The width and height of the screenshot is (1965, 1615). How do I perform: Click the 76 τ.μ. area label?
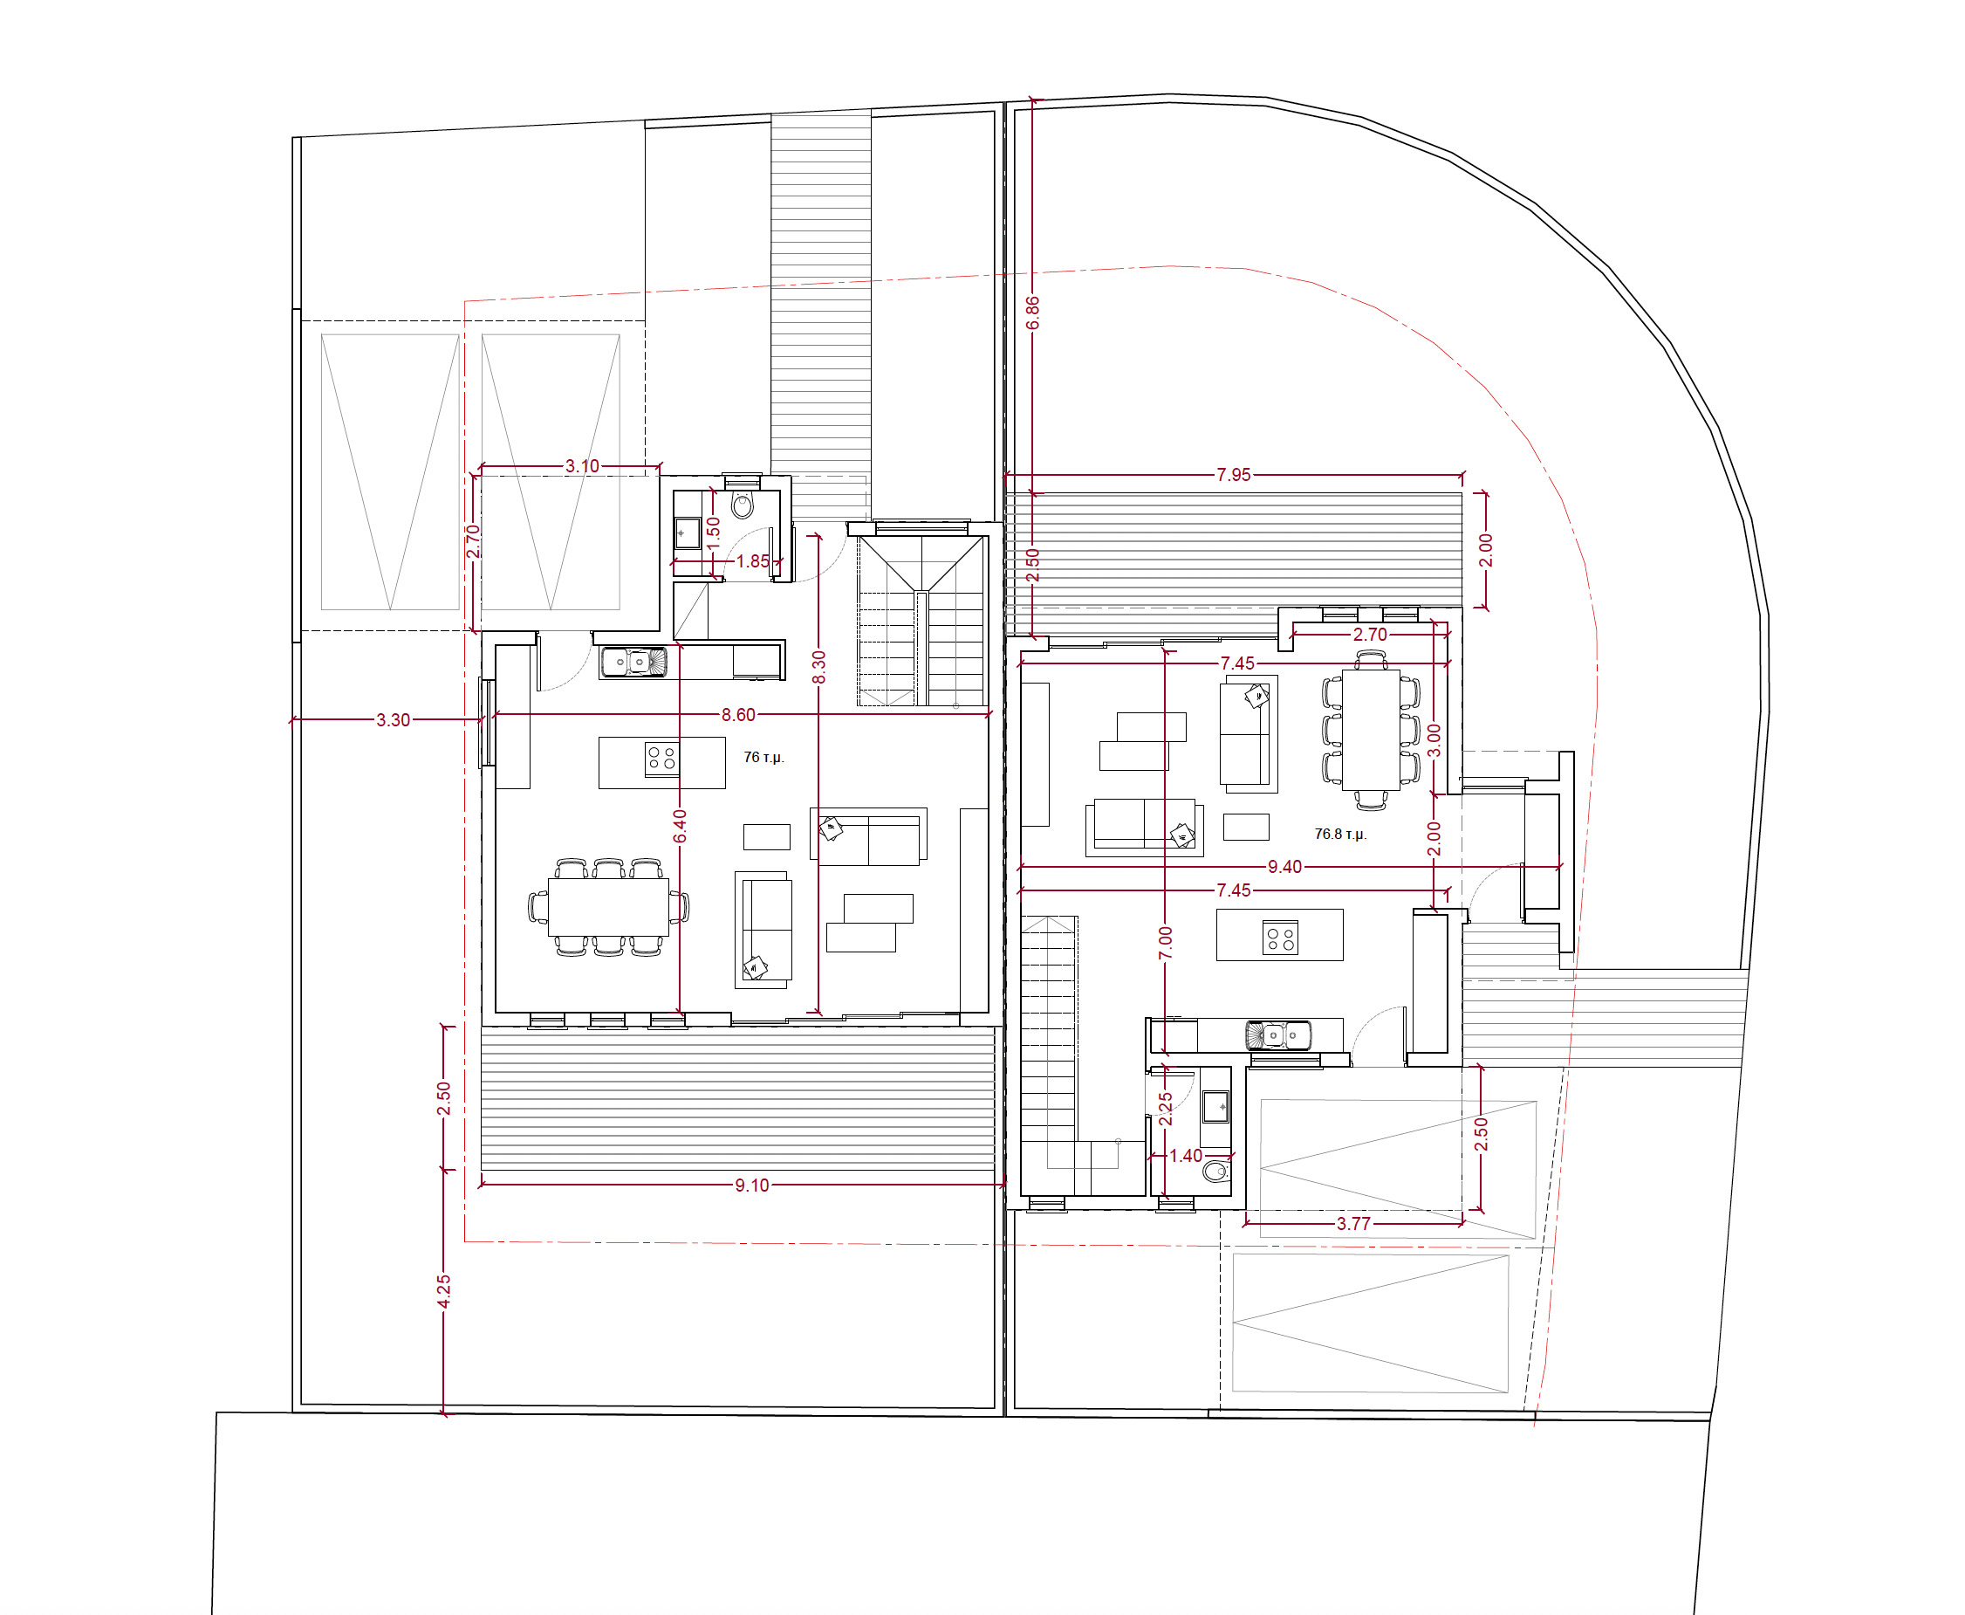click(x=763, y=757)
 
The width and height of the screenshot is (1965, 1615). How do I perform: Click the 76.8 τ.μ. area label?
click(x=1340, y=834)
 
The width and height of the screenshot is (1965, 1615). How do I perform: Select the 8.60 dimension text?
click(x=738, y=714)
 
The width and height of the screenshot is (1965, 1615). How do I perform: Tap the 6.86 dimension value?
click(x=1032, y=313)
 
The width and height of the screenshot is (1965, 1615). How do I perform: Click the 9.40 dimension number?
click(x=1285, y=867)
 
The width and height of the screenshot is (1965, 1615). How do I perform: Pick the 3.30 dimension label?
click(x=394, y=720)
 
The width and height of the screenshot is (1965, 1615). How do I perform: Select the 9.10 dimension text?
click(x=752, y=1185)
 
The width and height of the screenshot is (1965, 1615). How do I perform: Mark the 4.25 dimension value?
click(x=443, y=1291)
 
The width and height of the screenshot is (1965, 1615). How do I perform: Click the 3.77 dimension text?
click(x=1354, y=1223)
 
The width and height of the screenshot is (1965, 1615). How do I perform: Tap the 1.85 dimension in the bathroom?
click(x=753, y=561)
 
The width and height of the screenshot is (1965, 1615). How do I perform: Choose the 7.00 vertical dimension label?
click(x=1165, y=944)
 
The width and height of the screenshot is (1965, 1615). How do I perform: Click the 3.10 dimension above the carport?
click(x=583, y=466)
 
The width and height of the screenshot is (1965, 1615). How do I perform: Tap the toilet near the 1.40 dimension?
click(x=1216, y=1172)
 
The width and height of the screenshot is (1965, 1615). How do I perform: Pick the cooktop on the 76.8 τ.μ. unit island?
click(x=1281, y=938)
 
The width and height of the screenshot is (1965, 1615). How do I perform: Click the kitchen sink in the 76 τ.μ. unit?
click(x=633, y=662)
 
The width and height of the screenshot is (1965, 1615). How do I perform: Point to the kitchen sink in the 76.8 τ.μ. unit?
click(x=1278, y=1035)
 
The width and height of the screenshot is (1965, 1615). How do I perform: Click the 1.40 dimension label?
click(x=1186, y=1156)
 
